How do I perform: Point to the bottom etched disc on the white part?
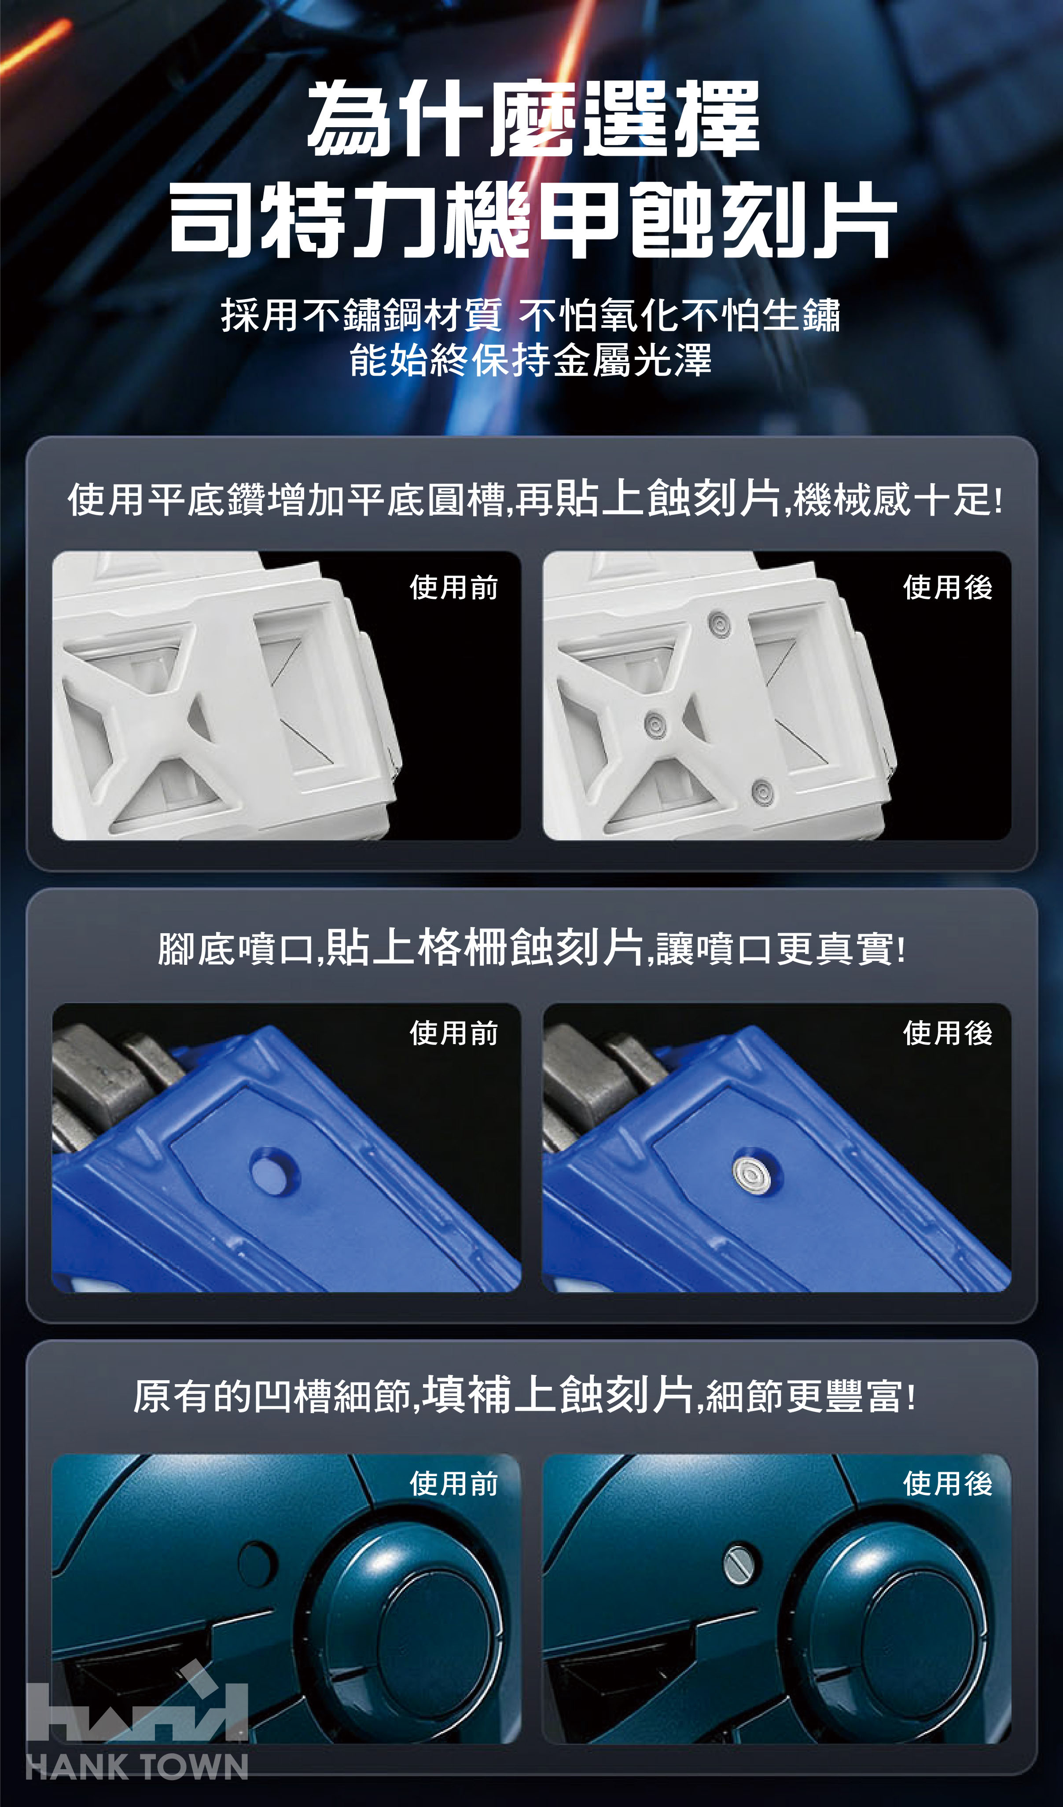click(x=762, y=792)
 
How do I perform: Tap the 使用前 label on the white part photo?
click(x=454, y=587)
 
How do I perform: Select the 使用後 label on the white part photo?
click(x=948, y=587)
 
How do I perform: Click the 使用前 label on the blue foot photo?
click(x=454, y=1033)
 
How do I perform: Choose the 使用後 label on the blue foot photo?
click(x=948, y=1033)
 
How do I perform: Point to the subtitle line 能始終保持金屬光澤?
click(x=531, y=360)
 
